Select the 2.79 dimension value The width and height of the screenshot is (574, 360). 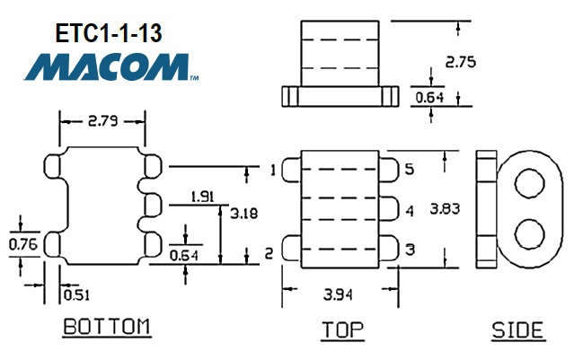[102, 119]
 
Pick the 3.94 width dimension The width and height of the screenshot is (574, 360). [340, 293]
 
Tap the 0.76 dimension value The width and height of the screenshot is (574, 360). [22, 243]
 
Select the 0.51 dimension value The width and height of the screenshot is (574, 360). [76, 293]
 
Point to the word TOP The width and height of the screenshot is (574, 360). [343, 329]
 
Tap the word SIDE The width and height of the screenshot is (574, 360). [517, 329]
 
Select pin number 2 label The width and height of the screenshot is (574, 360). [269, 255]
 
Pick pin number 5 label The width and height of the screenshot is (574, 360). [410, 169]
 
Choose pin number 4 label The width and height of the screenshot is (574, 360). [410, 211]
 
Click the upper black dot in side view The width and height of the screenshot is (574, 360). [530, 185]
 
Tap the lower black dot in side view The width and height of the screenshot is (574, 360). [530, 236]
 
